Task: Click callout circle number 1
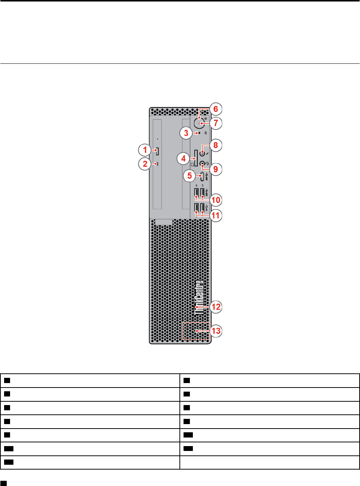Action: point(145,150)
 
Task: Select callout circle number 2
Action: point(145,164)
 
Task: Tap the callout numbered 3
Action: point(186,132)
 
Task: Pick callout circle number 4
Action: point(183,159)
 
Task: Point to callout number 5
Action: point(190,175)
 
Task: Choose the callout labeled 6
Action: point(216,109)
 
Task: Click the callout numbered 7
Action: point(216,123)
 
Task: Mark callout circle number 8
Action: point(216,145)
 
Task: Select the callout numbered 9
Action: point(216,169)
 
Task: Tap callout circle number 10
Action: point(216,200)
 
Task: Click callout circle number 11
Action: point(216,215)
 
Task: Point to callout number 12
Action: point(216,307)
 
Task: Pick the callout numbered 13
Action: point(216,331)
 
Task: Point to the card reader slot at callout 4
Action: point(196,159)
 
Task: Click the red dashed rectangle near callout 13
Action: point(196,331)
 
